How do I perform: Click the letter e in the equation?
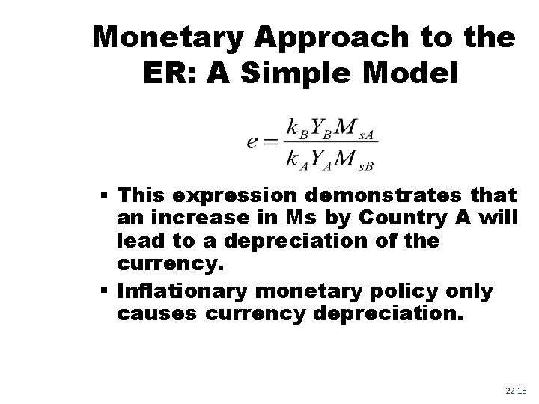[x=253, y=141]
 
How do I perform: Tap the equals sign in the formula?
[x=272, y=142]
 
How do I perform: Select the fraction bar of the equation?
[x=331, y=142]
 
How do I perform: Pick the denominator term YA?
[x=322, y=159]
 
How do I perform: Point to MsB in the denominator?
[x=355, y=159]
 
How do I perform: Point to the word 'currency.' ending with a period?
[x=165, y=266]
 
